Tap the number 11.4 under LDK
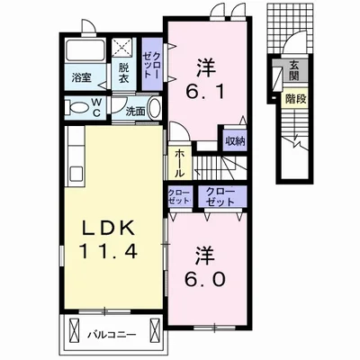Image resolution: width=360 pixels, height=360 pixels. point(108,251)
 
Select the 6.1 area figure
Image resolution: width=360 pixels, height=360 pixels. point(205,92)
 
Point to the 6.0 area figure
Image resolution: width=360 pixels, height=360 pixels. point(205,280)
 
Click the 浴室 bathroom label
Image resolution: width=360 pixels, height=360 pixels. point(81,77)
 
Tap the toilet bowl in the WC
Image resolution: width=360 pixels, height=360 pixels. point(78,108)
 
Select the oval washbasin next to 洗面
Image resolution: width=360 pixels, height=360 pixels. point(155,108)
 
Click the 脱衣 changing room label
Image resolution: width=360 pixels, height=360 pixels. point(123,73)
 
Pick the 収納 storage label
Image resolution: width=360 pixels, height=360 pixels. point(236,141)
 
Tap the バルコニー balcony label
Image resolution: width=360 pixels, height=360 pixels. point(112,334)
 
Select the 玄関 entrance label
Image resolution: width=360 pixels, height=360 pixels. point(294,70)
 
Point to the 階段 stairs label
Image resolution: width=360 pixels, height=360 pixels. point(295,99)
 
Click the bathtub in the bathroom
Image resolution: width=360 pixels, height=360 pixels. point(85,49)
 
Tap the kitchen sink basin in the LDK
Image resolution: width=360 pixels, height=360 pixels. point(76,174)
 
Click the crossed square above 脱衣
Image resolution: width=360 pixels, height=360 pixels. point(124,48)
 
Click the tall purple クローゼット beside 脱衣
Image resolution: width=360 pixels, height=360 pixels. point(152,64)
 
